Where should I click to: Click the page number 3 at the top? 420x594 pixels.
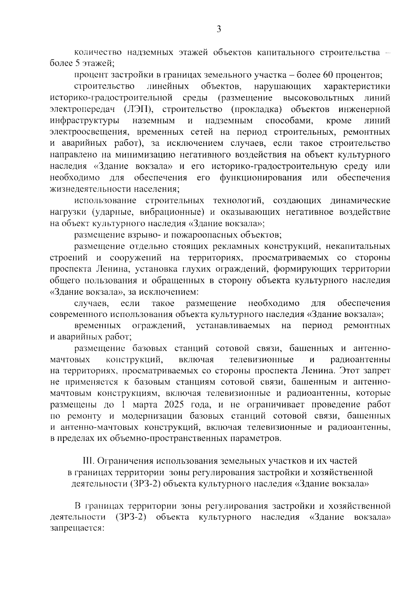click(219, 29)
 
